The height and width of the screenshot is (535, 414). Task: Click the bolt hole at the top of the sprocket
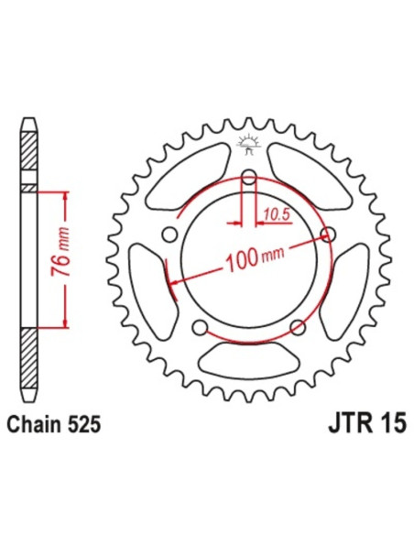tap(248, 178)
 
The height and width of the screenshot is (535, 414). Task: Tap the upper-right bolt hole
tap(329, 236)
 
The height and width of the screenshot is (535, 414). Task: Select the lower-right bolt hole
tap(297, 327)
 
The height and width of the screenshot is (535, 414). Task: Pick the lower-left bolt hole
tap(200, 327)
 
